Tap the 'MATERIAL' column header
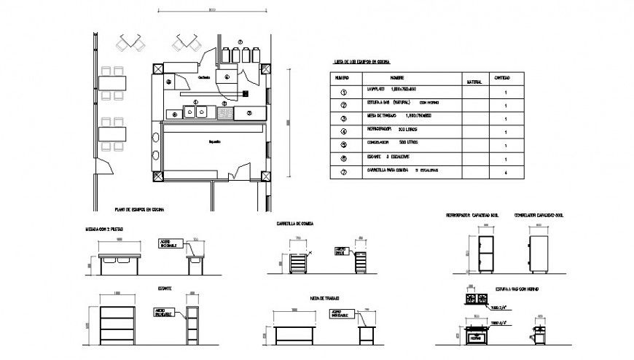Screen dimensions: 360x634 [474, 82]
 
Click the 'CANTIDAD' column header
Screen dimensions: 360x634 [502, 77]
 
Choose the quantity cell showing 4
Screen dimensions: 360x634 [504, 173]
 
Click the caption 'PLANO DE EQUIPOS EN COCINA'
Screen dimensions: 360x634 [139, 210]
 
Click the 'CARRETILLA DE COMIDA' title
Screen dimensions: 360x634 [294, 223]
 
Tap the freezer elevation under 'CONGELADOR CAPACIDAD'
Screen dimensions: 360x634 [539, 251]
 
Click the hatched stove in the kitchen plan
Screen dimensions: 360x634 [225, 113]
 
